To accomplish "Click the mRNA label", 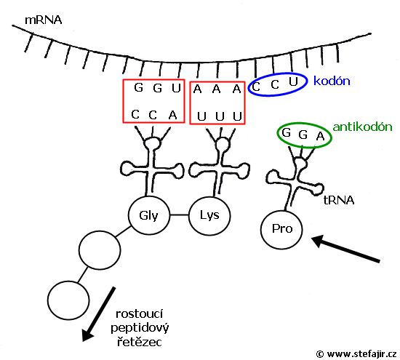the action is [x=44, y=20].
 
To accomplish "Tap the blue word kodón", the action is [x=332, y=81].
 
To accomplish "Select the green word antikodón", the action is [x=362, y=127].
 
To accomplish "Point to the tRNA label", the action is [x=339, y=200].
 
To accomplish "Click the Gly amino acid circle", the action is [x=148, y=215].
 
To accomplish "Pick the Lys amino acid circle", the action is [x=209, y=215].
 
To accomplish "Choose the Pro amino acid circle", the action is [x=281, y=229].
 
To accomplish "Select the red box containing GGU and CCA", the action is [x=123, y=101].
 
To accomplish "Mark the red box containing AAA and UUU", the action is [x=190, y=103].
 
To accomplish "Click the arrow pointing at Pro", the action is [x=345, y=249].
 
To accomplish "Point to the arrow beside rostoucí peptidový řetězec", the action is [x=98, y=314].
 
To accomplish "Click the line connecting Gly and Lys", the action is [x=179, y=215].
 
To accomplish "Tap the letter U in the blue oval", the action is [x=293, y=81].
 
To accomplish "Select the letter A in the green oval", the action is [x=320, y=136].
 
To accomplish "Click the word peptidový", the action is [x=140, y=328].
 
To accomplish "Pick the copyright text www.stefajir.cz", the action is [x=361, y=354].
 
